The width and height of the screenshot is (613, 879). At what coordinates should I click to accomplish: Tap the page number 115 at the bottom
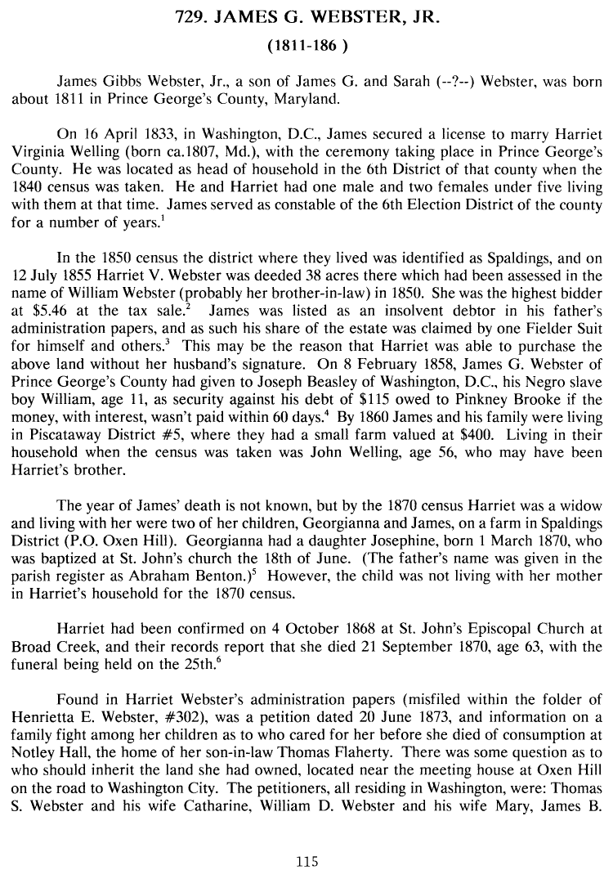click(x=306, y=861)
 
